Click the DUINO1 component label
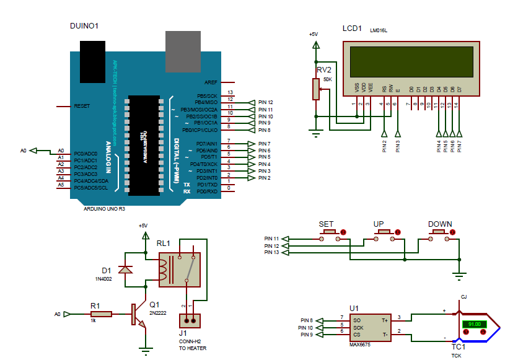point(85,26)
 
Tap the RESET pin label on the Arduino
point(82,106)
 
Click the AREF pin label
point(210,82)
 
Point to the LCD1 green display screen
point(411,62)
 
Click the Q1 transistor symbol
point(137,315)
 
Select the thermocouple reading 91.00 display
point(475,324)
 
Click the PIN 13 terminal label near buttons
point(271,252)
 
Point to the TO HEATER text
point(192,348)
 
